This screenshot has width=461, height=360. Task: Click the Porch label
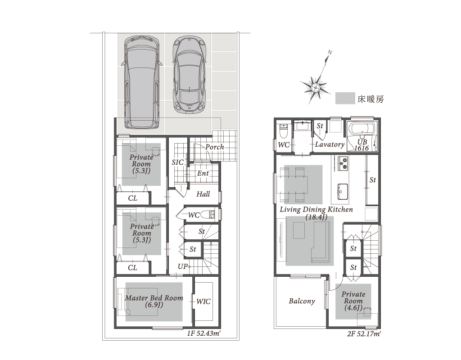tap(215, 147)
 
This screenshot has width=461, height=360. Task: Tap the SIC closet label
tap(177, 162)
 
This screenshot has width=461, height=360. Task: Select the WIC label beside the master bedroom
tap(203, 301)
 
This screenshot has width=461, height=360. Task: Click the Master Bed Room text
tap(154, 298)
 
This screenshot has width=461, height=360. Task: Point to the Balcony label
tap(302, 301)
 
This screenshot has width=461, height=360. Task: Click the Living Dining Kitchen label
tap(316, 210)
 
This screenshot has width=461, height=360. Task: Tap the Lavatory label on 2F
tap(330, 144)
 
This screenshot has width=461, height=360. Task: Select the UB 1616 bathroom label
tap(362, 145)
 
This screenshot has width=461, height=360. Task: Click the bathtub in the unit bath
tap(361, 129)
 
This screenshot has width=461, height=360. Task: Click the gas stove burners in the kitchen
tap(343, 164)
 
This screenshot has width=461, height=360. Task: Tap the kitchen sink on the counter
tap(343, 192)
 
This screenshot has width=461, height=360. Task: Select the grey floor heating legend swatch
tap(345, 98)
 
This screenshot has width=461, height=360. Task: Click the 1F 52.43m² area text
tap(204, 333)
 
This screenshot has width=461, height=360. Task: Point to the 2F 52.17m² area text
tap(364, 334)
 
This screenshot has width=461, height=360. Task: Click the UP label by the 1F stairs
tap(182, 266)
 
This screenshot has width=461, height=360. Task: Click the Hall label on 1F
tap(203, 194)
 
